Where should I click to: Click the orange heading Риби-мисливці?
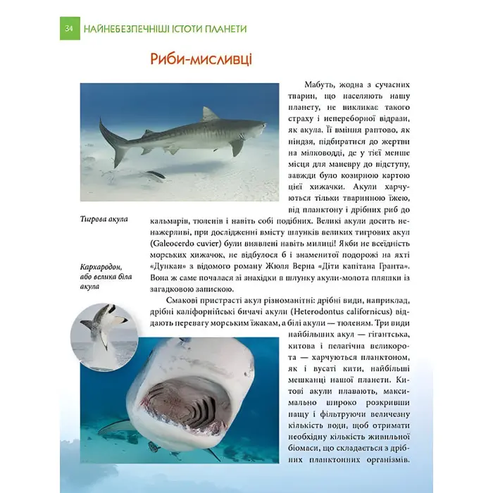[201, 59]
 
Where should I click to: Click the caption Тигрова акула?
[104, 220]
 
